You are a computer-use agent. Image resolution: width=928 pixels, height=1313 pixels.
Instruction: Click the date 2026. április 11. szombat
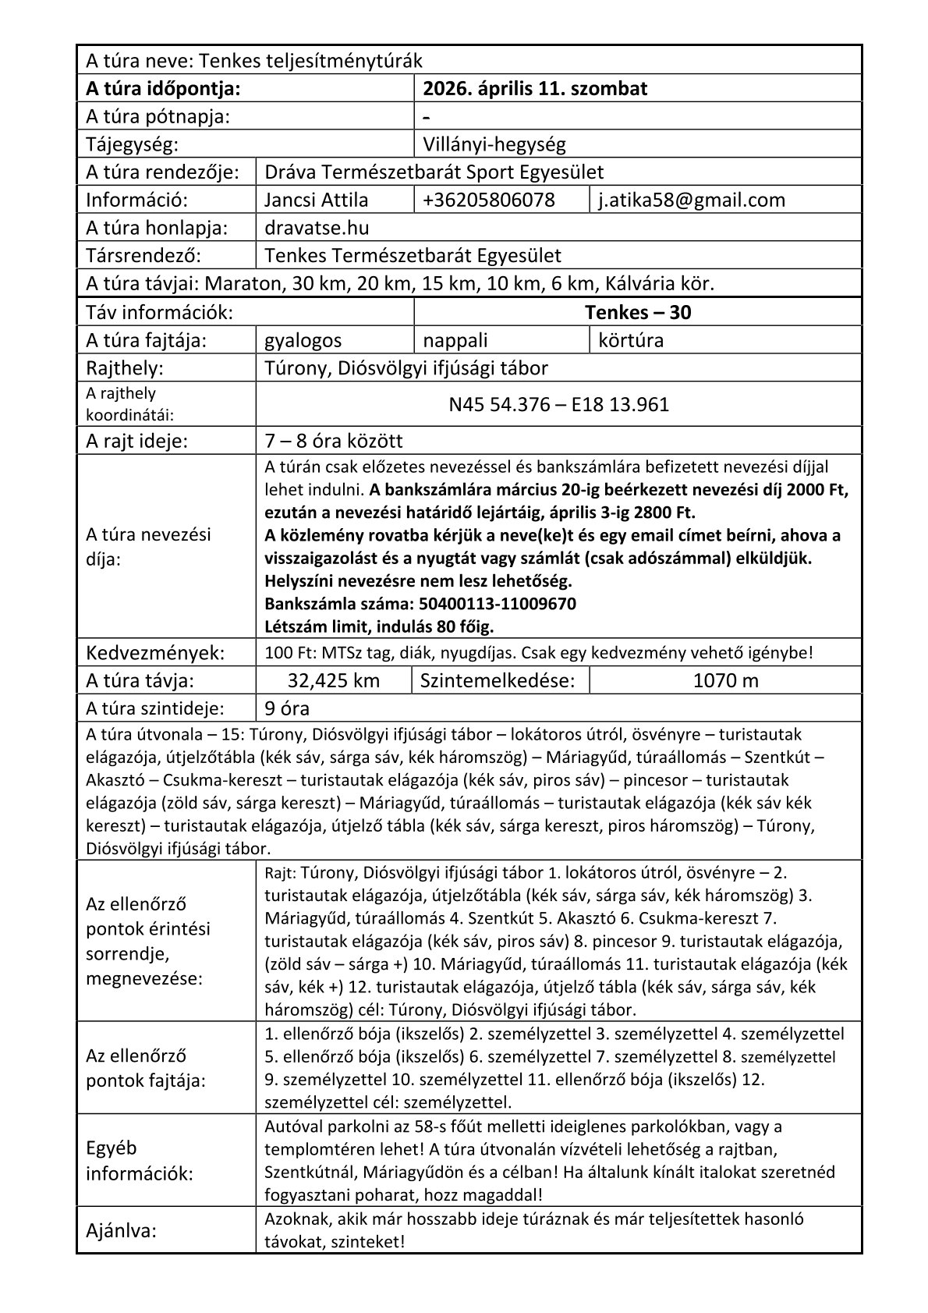click(x=534, y=88)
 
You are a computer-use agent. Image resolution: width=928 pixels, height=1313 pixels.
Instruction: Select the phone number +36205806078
click(x=488, y=200)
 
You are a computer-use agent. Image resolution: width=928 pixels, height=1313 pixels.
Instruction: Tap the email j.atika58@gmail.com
click(x=691, y=200)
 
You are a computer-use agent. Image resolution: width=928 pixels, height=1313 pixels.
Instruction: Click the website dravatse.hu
click(x=317, y=228)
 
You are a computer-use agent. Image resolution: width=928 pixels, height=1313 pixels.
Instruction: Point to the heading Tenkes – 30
click(x=637, y=312)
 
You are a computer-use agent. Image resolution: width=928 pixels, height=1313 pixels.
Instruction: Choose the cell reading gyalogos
click(x=303, y=340)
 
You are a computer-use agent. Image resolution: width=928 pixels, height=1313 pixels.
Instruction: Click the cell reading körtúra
click(x=631, y=340)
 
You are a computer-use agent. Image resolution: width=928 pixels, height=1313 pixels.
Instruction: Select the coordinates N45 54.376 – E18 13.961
click(x=558, y=404)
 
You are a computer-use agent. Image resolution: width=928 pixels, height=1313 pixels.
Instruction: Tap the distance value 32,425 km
click(x=333, y=680)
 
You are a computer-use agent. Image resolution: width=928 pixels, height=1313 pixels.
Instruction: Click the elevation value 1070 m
click(x=725, y=680)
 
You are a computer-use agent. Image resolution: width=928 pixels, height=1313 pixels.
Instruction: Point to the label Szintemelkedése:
click(x=498, y=680)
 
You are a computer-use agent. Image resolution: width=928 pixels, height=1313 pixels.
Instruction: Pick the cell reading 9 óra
click(x=287, y=708)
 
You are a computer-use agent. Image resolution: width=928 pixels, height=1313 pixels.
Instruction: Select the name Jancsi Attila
click(x=317, y=200)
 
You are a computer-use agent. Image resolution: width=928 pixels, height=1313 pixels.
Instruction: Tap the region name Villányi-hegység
click(x=494, y=144)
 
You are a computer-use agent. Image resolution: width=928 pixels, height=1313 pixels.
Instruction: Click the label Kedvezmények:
click(x=155, y=652)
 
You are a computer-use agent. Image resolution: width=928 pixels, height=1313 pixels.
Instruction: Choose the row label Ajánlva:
click(x=121, y=1231)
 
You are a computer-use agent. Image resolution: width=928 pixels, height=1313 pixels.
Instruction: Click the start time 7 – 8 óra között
click(x=334, y=441)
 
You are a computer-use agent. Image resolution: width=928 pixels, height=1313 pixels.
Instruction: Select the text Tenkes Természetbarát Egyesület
click(x=413, y=256)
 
